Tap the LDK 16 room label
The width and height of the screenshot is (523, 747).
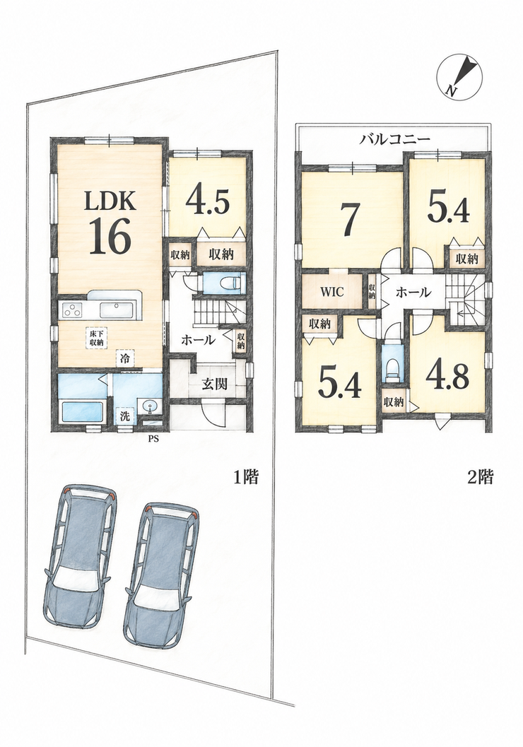point(110,223)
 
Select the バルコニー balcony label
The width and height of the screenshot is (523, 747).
point(395,139)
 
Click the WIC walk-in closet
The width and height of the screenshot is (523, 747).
point(332,292)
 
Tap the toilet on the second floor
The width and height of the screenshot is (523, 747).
point(393,368)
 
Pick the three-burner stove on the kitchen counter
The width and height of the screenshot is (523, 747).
point(72,310)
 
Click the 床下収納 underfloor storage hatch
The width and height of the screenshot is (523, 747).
point(96,338)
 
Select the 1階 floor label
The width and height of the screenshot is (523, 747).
point(245,477)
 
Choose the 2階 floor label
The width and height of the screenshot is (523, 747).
point(479,477)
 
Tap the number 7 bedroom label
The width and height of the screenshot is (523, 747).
point(350,220)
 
